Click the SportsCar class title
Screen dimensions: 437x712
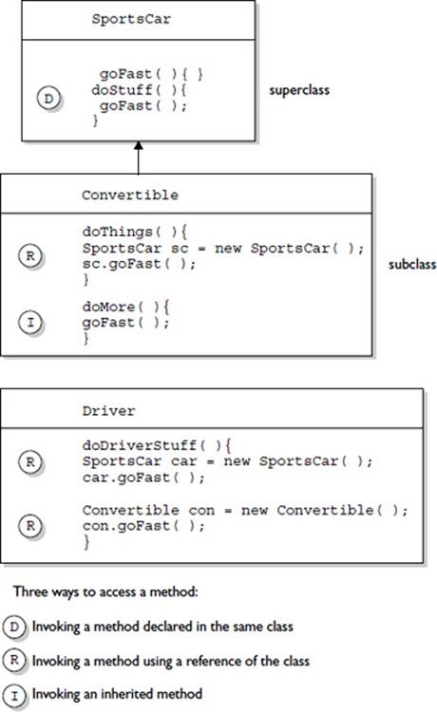tap(131, 19)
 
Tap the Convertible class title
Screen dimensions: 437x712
tap(130, 196)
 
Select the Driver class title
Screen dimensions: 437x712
tap(108, 411)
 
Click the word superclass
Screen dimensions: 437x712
tap(299, 90)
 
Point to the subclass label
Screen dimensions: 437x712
tap(412, 264)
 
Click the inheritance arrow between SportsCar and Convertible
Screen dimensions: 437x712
tap(138, 158)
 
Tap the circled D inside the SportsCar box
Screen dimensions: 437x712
tap(48, 98)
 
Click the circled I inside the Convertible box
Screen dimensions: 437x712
tap(30, 323)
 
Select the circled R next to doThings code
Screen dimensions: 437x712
tap(30, 256)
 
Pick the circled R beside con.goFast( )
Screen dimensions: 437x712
tap(30, 525)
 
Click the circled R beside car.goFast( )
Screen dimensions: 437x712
tap(30, 461)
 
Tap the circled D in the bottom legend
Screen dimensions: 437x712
tap(14, 627)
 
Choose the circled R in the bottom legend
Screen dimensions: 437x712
tap(14, 660)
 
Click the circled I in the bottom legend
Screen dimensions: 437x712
tap(14, 695)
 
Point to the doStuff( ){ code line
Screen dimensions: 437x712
tap(139, 90)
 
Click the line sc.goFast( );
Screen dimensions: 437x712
tap(139, 264)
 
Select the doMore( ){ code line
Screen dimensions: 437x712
tap(125, 307)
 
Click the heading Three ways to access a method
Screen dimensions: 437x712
tap(105, 592)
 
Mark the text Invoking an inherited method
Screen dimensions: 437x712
tap(117, 694)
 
